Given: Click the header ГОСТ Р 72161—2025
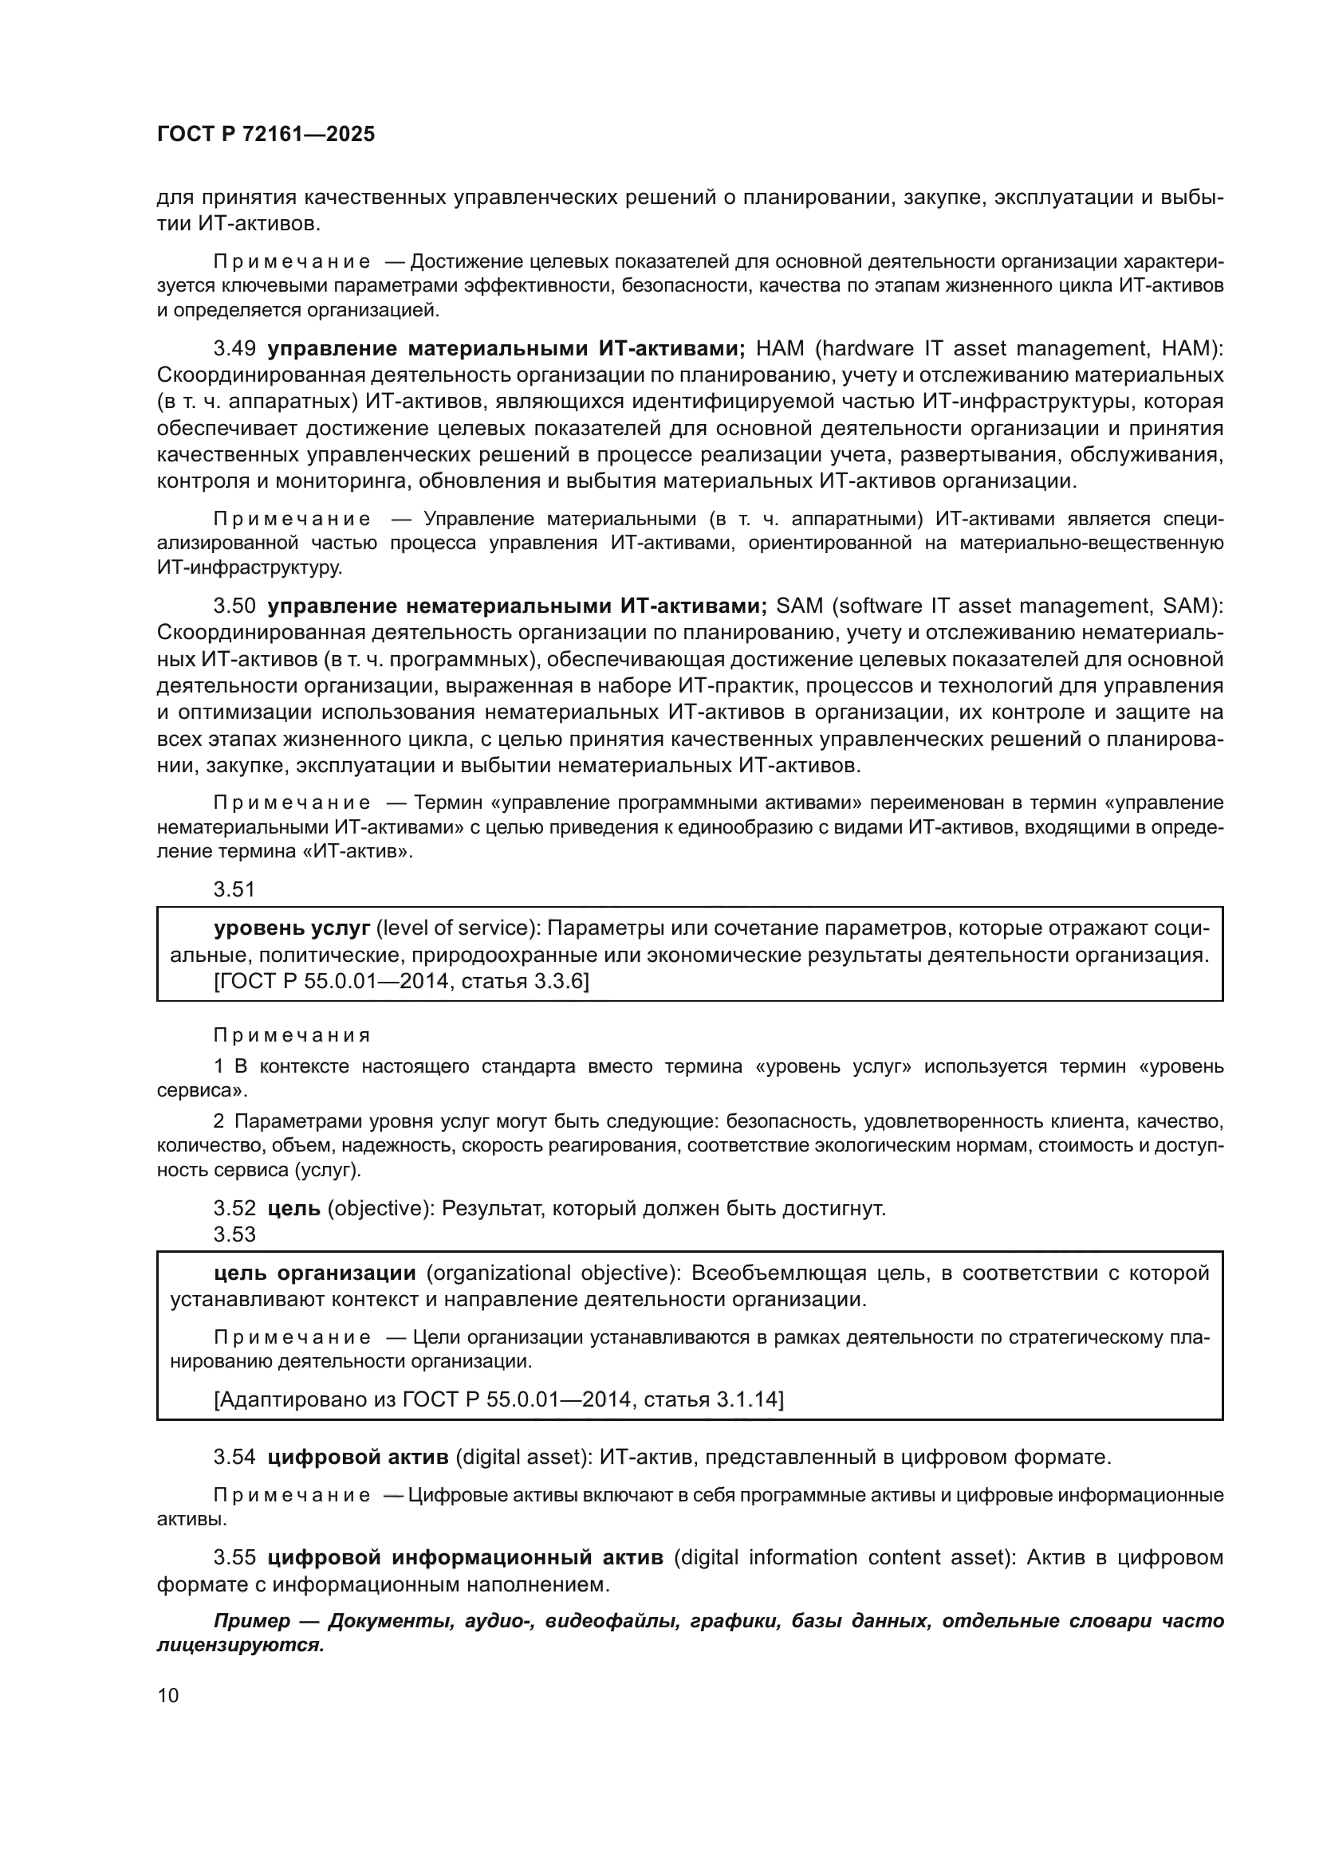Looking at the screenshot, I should point(266,135).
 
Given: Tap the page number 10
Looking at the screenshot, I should point(168,1695).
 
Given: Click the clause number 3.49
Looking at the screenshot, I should point(234,349).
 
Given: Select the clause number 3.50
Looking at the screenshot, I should point(234,606).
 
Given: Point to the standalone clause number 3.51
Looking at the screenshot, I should point(234,890).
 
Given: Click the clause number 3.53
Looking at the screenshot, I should point(234,1234).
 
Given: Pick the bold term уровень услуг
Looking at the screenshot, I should point(292,928).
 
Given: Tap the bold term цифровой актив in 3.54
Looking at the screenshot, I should point(358,1458).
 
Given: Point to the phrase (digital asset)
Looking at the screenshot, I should point(524,1458).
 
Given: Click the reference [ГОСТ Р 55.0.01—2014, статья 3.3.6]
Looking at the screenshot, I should point(401,982).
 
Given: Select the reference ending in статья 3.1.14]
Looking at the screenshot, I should point(498,1399).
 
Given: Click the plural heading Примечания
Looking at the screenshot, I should point(292,1036).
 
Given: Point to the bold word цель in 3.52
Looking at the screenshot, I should point(293,1209).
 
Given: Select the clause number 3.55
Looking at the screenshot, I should point(234,1558).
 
